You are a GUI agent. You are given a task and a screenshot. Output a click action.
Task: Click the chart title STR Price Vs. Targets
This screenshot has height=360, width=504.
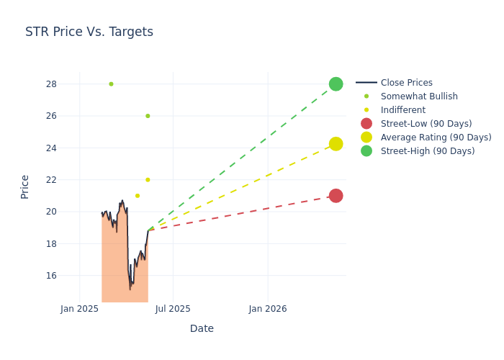[89, 32]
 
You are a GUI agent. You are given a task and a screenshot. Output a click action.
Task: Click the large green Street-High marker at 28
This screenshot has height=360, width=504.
[336, 84]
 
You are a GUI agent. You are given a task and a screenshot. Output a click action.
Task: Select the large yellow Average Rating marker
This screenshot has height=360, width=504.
[336, 144]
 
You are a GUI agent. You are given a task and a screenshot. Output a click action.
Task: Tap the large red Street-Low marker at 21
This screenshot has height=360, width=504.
[336, 196]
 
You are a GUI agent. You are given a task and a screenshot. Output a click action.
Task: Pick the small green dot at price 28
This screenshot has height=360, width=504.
[111, 84]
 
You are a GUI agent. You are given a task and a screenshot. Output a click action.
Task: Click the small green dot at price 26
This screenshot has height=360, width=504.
[148, 116]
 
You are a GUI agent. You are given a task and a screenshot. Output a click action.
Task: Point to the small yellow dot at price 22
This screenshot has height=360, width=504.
[148, 180]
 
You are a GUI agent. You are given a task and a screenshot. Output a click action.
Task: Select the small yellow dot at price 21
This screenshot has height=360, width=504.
[138, 196]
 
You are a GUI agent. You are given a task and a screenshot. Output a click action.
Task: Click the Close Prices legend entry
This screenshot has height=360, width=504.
[406, 83]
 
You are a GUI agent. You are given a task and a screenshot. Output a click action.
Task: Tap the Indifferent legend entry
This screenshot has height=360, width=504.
[402, 110]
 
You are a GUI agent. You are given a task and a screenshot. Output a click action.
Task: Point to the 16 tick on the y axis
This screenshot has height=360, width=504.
[51, 276]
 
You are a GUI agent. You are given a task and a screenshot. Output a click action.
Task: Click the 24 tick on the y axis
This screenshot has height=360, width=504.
[51, 148]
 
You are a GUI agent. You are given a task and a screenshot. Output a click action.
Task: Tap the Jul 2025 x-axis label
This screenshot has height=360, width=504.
[173, 309]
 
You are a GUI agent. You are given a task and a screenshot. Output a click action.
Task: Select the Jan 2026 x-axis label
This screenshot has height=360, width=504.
[267, 309]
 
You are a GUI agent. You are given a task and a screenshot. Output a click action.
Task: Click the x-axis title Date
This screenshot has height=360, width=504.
[202, 328]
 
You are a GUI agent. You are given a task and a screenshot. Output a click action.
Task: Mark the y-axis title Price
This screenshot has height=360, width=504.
[25, 186]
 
